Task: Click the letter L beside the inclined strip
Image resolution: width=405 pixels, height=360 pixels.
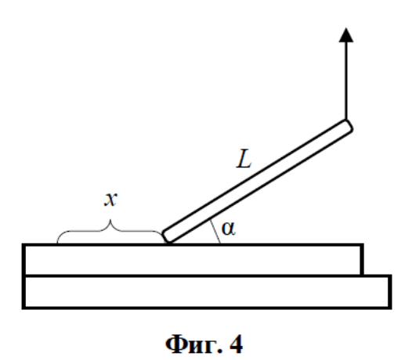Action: point(244,158)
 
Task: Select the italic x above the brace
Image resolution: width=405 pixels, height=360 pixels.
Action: point(110,200)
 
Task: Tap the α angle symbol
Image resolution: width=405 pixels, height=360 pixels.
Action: point(228,229)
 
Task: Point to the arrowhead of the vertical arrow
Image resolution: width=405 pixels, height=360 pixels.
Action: point(346,34)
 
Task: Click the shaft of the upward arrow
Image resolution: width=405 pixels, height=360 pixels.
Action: point(346,81)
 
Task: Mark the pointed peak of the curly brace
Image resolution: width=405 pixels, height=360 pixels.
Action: point(110,220)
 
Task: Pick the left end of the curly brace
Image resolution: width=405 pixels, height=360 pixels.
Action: point(57,242)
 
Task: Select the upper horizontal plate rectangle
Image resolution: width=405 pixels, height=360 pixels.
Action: point(193,259)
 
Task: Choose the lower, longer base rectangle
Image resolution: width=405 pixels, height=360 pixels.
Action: point(207,292)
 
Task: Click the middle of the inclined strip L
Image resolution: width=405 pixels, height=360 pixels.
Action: point(257,181)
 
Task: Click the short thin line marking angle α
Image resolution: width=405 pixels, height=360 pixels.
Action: point(215,232)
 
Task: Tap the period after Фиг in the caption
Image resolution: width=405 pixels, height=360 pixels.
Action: point(220,351)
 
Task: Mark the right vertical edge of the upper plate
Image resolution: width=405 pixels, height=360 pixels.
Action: point(362,259)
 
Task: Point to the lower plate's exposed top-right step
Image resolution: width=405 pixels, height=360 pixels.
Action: point(378,276)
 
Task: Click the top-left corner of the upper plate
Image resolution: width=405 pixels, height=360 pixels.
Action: point(23,245)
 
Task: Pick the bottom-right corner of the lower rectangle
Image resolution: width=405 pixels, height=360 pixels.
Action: point(390,308)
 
